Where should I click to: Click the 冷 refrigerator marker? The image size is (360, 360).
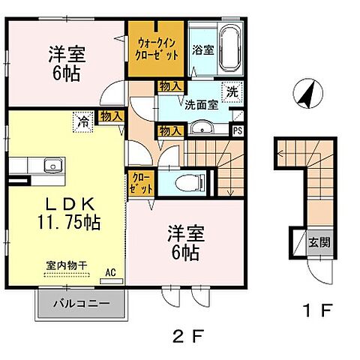coord(79,118)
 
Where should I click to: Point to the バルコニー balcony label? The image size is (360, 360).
coord(82,304)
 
